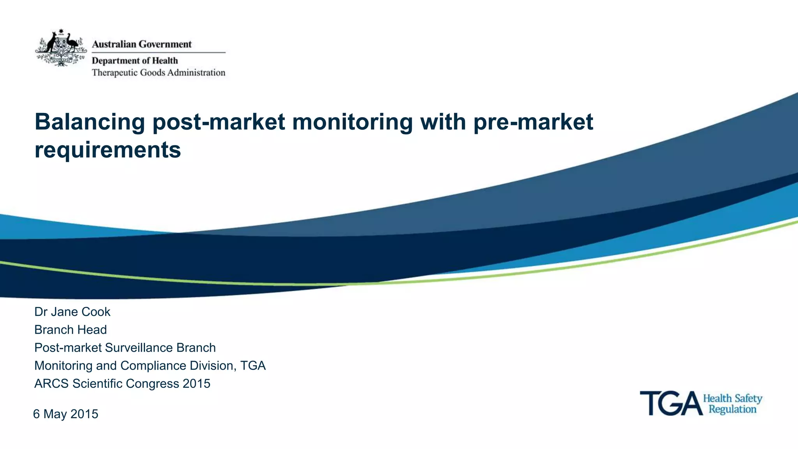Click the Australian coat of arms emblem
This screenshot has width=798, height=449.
tap(61, 48)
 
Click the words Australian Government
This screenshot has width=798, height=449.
tap(141, 44)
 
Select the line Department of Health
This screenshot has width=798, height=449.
tap(134, 61)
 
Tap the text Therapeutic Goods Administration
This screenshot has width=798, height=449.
tap(158, 73)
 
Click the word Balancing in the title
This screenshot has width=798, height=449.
tap(90, 122)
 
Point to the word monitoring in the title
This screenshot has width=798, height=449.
tap(352, 122)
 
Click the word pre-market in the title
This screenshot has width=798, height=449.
tap(533, 122)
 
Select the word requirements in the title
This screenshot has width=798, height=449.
tap(108, 150)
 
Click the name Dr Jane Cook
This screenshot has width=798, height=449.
tap(72, 312)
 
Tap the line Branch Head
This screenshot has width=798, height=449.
tap(71, 330)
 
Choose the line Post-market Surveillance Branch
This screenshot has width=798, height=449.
tap(125, 348)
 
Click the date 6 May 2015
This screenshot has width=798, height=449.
tap(65, 414)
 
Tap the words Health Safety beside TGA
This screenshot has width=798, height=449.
tap(732, 398)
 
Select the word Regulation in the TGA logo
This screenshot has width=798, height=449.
tap(732, 409)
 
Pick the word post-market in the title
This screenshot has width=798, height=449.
tap(219, 122)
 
